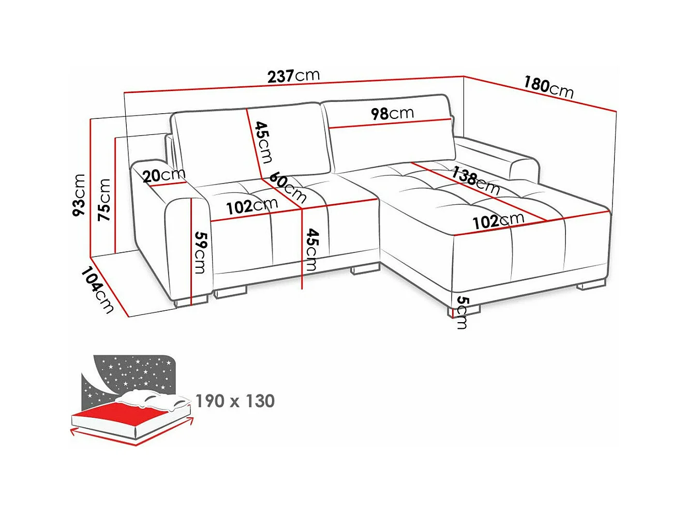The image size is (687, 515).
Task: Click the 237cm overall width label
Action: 293,76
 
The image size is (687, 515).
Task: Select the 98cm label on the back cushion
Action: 392,113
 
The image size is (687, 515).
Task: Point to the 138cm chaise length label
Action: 475,180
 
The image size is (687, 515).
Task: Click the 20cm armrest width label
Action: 164,176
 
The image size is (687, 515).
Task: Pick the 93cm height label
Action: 79,195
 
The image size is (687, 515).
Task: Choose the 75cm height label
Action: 104,200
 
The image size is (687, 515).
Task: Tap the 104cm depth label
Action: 97,290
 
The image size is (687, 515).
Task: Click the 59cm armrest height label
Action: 200,252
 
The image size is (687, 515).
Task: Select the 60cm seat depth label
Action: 288,187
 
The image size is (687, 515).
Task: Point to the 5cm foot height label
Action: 462,313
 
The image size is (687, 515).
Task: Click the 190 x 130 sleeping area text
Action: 235,401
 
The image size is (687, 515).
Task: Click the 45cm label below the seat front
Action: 312,250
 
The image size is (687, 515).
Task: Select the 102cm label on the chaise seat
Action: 498,221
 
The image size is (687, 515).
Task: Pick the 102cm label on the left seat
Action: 252,206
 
